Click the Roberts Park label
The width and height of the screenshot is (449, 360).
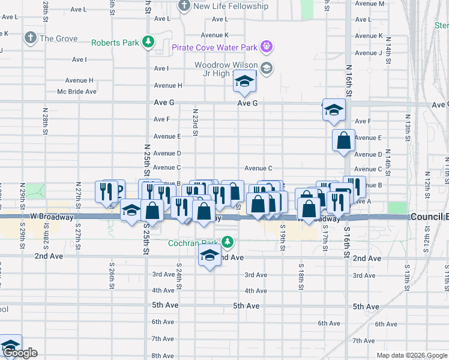(115, 43)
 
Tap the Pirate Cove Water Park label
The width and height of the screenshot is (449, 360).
(214, 47)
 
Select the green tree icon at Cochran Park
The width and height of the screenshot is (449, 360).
(227, 242)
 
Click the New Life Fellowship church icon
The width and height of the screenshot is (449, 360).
(184, 6)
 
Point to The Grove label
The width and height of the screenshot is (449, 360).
(58, 38)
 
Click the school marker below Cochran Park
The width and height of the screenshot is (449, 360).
(209, 256)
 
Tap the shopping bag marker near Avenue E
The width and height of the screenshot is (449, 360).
(344, 140)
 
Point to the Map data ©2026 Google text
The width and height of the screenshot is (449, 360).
(411, 355)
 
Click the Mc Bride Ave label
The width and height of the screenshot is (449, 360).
(77, 92)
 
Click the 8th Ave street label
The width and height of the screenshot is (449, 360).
(163, 356)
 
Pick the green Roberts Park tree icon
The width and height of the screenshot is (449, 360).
(147, 43)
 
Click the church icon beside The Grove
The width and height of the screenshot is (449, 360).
(31, 38)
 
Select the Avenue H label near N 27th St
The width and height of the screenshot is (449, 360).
(82, 80)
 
